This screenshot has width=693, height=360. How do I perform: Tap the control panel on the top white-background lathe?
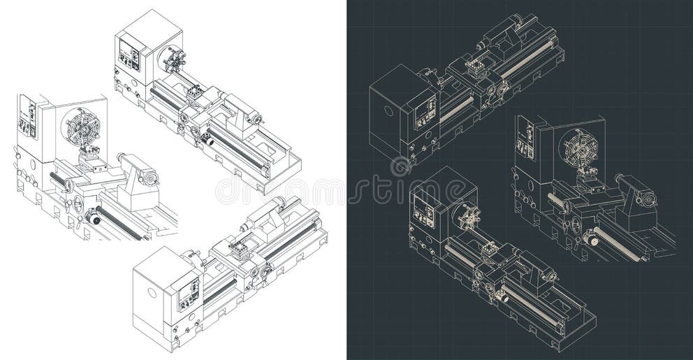pyautogui.click(x=129, y=55)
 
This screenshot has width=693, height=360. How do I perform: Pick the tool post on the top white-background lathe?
pyautogui.click(x=194, y=91)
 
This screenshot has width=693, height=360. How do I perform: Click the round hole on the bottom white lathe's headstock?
pyautogui.click(x=152, y=292)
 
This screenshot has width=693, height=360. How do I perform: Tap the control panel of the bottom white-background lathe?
pyautogui.click(x=187, y=294)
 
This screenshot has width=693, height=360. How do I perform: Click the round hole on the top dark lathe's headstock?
pyautogui.click(x=388, y=110)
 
